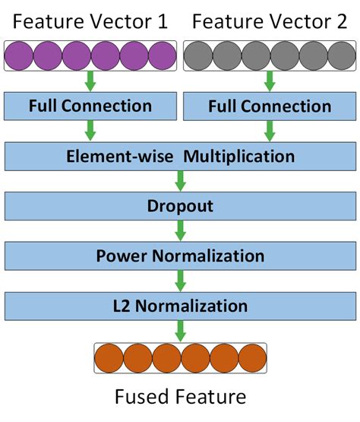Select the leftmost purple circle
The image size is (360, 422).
point(19,56)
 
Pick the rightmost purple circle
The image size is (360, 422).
point(163,56)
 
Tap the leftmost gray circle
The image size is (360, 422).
point(198,56)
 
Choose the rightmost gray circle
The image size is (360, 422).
point(342,56)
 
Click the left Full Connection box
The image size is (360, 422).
point(90,106)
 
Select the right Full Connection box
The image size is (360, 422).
point(270,106)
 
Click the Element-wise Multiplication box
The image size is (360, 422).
point(180,157)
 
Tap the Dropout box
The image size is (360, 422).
point(180,206)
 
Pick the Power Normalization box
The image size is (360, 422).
point(180,255)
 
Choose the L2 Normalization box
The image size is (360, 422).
point(180,306)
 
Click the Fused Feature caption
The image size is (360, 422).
point(180,397)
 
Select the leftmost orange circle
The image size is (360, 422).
point(109,357)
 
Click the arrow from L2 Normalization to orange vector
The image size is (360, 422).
point(180,331)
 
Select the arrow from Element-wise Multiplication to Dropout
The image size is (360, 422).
point(180,182)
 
